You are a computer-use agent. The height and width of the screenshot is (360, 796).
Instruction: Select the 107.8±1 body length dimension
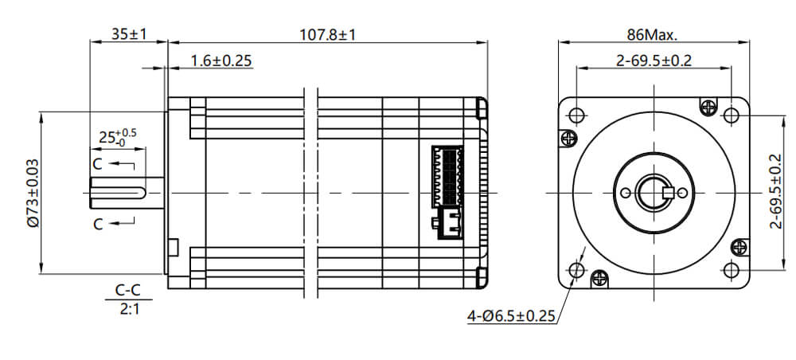coord(326,35)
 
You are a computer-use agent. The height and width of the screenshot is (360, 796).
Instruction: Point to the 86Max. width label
coord(652,35)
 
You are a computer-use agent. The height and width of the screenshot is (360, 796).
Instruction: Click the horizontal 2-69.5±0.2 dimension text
coord(653,61)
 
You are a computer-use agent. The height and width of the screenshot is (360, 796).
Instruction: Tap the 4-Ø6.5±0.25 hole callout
coord(509,316)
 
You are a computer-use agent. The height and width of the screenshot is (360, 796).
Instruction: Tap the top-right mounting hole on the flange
coord(731,115)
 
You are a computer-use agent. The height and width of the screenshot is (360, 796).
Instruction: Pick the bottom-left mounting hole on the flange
coord(577,270)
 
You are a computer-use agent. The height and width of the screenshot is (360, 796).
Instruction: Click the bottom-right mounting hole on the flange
coord(731,270)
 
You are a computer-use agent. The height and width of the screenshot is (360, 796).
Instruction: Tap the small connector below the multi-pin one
coord(446,225)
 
